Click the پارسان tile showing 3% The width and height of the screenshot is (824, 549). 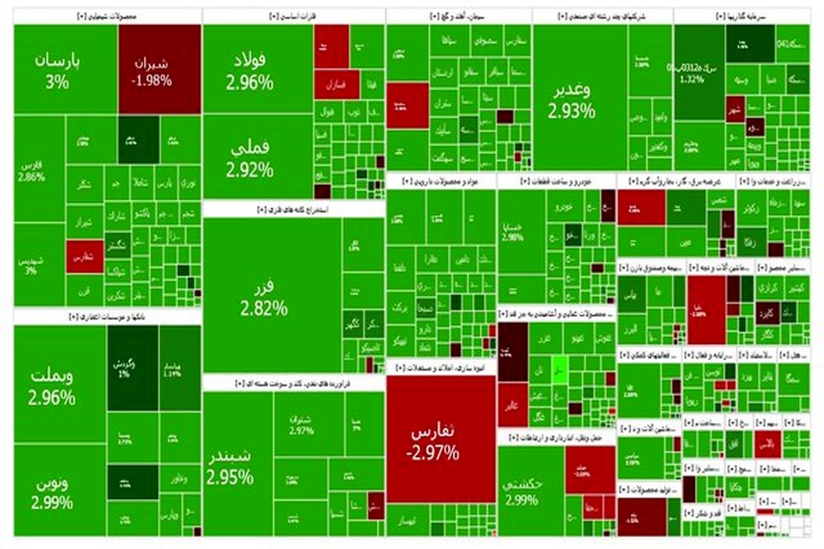58,70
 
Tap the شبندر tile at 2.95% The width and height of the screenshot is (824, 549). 230,467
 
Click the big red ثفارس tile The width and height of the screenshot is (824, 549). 439,439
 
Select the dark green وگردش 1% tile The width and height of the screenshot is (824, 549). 124,368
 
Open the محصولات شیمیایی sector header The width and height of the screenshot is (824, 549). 106,16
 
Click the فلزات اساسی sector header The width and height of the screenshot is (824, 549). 293,16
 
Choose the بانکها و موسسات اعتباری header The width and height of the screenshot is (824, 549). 106,316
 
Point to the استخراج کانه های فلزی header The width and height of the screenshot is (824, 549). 293,209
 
